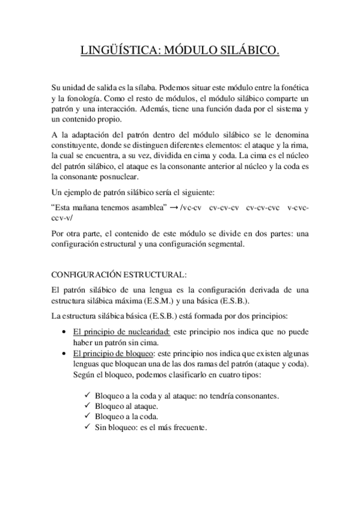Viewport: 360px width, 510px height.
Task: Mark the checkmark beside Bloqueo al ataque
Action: click(88, 406)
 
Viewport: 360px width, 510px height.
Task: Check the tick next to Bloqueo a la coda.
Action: click(88, 417)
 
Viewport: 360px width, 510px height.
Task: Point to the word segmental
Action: click(225, 245)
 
